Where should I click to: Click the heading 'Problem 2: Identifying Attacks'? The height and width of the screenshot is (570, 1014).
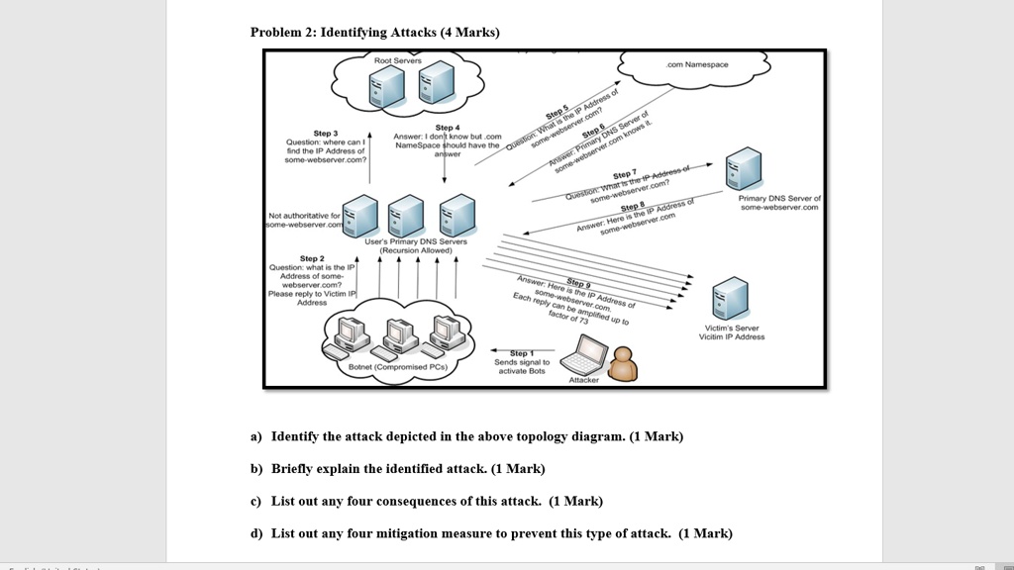pyautogui.click(x=374, y=33)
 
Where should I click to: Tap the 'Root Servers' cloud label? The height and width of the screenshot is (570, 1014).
pyautogui.click(x=397, y=61)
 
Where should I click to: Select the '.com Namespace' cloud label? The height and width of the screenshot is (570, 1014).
pyautogui.click(x=697, y=64)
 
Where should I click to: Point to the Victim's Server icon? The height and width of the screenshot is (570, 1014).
pyautogui.click(x=731, y=297)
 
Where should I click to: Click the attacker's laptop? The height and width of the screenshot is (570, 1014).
pyautogui.click(x=592, y=354)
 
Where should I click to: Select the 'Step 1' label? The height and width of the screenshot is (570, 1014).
pyautogui.click(x=522, y=353)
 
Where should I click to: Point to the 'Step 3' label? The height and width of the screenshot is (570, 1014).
pyautogui.click(x=326, y=133)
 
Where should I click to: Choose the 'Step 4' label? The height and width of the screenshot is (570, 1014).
pyautogui.click(x=448, y=128)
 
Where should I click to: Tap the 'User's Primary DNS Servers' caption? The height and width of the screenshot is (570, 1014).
pyautogui.click(x=408, y=241)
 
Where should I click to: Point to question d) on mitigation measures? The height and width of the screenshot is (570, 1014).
pyautogui.click(x=491, y=533)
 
